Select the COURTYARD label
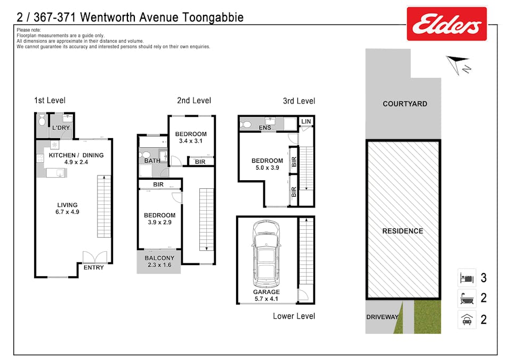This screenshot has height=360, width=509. tap(405, 103)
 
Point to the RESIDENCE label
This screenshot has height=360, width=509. tap(402, 231)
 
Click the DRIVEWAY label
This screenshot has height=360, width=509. tap(382, 317)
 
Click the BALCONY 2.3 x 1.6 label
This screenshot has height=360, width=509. tap(159, 261)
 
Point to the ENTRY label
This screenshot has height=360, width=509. tap(93, 267)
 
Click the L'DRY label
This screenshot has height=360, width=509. tap(60, 128)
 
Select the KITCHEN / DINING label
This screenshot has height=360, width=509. tap(76, 155)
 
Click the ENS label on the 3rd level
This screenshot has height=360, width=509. tap(264, 128)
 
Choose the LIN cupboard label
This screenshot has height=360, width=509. tap(305, 122)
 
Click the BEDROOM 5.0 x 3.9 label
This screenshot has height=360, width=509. tap(267, 164)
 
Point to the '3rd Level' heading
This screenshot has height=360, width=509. tap(298, 101)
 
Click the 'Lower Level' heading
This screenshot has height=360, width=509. tap(294, 316)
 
